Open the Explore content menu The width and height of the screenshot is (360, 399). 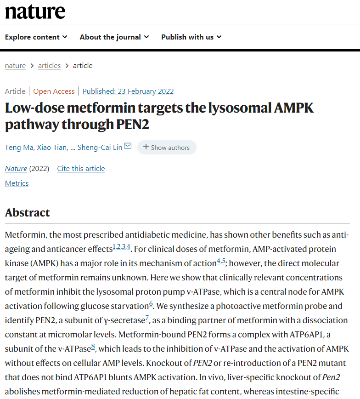coord(36,37)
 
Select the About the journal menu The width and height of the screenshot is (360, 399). coord(114,37)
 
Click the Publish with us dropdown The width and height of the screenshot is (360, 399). coord(191,37)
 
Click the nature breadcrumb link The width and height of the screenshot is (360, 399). coord(15,66)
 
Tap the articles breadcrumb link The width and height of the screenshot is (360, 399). coord(49,66)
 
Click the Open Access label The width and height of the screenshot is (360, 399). coord(54,91)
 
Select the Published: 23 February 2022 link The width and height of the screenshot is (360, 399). coord(128,91)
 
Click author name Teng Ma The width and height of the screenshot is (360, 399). coord(18,148)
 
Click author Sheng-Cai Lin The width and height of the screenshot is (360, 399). coord(100,148)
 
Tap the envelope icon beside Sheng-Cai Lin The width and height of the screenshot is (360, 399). coord(128,147)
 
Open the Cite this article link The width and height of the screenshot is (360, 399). coord(81,169)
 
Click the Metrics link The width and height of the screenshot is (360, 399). coord(17,183)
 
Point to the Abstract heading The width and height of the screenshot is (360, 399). coord(27,213)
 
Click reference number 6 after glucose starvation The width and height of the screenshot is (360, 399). coord(151,303)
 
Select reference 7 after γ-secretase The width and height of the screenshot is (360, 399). coord(147,318)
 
